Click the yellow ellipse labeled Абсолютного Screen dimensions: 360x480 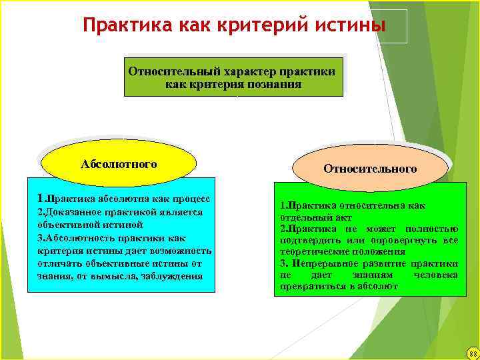point(119,164)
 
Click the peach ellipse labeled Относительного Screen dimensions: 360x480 point(370,169)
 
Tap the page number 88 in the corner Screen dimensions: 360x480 point(472,353)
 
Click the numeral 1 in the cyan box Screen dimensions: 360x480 point(41,198)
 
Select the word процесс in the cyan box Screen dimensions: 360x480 point(191,199)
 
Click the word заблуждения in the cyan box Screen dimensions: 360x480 point(174,276)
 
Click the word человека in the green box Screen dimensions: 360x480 point(436,275)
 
